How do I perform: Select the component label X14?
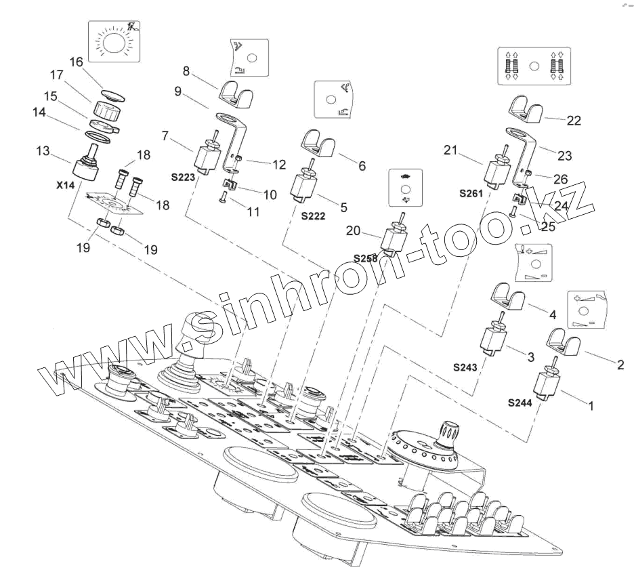[65, 184]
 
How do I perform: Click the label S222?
[313, 217]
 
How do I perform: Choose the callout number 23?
[564, 156]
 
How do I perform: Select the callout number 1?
[589, 407]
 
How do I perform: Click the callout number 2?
[619, 365]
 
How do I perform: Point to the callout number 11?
[253, 212]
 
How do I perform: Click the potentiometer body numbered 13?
[87, 166]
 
